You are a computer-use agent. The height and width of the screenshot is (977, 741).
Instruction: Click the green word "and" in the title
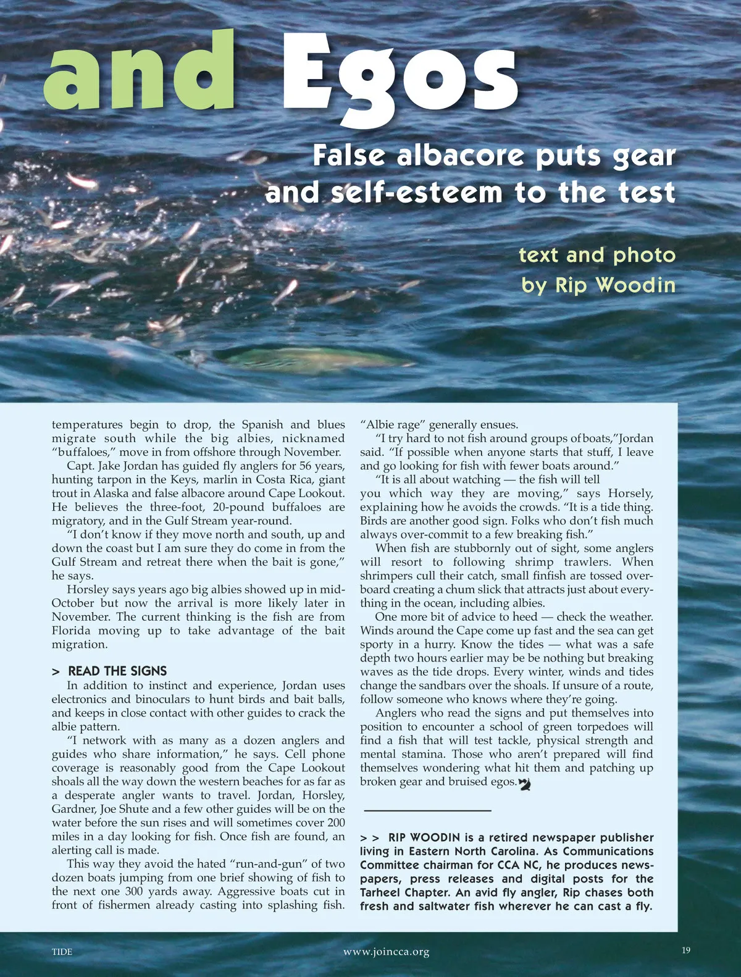pos(140,72)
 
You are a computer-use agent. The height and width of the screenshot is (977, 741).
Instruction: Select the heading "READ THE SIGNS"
pos(117,671)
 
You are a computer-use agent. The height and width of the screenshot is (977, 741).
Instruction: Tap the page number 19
pos(686,950)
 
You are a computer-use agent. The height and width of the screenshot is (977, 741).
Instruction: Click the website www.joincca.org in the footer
pos(386,952)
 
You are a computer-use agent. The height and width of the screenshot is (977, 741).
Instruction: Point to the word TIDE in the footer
pos(62,952)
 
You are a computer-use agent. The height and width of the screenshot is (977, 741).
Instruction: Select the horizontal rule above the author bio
pos(427,810)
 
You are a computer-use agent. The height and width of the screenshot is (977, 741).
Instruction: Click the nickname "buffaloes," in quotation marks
pos(82,452)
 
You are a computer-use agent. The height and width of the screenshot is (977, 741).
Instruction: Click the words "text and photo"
pos(597,254)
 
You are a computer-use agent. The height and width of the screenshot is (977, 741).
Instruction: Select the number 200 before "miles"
pos(336,823)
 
